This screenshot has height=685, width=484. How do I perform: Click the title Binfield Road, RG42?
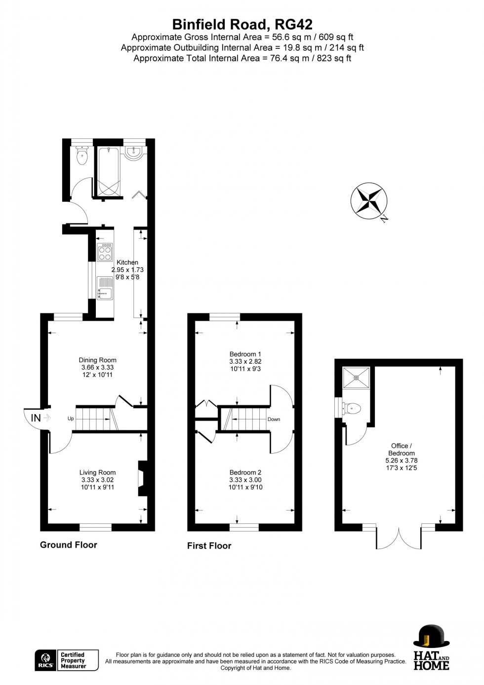tap(242, 24)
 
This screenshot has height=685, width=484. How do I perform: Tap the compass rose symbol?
tap(369, 201)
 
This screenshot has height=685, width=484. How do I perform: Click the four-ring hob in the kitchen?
tap(105, 253)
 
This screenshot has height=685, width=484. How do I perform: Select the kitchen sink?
tap(105, 288)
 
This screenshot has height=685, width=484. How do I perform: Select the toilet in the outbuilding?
tap(353, 408)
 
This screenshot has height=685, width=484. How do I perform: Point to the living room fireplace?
tap(143, 478)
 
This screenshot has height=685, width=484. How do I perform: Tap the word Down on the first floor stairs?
tap(274, 419)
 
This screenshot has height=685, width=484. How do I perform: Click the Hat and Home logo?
tap(431, 647)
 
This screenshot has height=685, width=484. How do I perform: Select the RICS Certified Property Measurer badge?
tap(67, 660)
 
